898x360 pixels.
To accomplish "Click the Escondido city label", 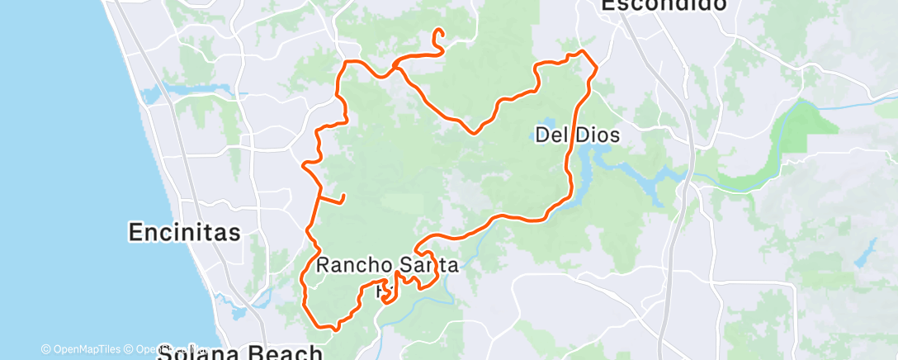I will [664, 5].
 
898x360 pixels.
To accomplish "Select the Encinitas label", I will [185, 233].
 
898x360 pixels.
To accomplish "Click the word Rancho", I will [353, 266].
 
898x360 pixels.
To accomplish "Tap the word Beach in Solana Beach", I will [280, 354].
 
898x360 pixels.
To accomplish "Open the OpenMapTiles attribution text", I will [86, 349].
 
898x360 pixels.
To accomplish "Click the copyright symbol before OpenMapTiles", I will [45, 349].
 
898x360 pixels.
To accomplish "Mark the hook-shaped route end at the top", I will [438, 34].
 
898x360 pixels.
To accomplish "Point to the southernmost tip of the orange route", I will [334, 328].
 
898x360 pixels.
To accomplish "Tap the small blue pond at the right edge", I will [864, 255].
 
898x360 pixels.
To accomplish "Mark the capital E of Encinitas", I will [136, 233].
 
